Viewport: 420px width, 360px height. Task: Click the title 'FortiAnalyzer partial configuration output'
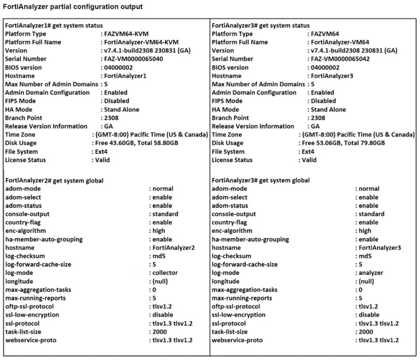(x=73, y=7)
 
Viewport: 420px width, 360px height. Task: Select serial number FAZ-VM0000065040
(x=133, y=59)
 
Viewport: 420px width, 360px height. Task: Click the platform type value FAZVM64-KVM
(x=126, y=34)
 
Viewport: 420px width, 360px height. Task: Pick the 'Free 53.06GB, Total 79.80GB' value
(x=343, y=143)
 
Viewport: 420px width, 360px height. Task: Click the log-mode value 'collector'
(x=165, y=273)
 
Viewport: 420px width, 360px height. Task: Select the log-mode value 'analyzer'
(x=371, y=273)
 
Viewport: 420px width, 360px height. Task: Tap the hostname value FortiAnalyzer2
(x=173, y=248)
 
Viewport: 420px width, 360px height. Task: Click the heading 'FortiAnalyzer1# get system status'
(x=54, y=25)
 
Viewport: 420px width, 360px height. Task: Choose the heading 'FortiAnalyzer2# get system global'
(x=54, y=181)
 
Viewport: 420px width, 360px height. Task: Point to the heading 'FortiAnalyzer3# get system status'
(x=261, y=25)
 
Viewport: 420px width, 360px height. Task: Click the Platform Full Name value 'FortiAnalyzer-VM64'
(x=340, y=42)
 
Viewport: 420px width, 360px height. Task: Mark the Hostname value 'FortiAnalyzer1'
(x=125, y=76)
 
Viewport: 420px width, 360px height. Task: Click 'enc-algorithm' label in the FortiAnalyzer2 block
(x=25, y=231)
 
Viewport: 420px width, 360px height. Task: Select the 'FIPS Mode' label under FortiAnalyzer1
(x=20, y=101)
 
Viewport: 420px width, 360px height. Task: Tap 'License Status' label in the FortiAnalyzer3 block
(x=232, y=160)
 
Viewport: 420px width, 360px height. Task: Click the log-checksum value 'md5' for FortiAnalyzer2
(x=159, y=256)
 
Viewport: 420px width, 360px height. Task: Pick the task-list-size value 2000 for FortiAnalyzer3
(x=366, y=332)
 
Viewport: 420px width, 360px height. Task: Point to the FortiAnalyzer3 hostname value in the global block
(x=379, y=248)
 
